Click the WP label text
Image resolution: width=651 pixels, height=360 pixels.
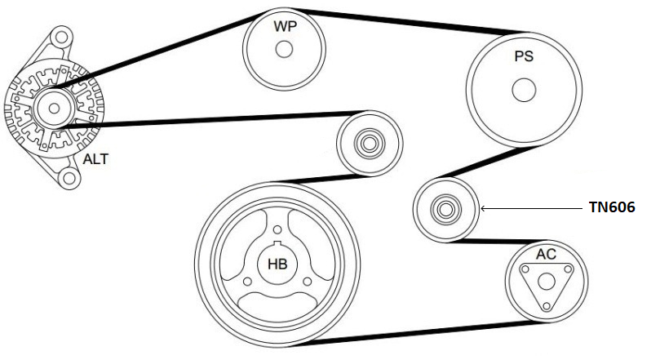click(286, 27)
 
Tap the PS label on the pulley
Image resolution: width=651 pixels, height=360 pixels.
click(524, 56)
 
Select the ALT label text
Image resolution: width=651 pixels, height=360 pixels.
click(95, 159)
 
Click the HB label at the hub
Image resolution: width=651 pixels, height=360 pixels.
click(277, 264)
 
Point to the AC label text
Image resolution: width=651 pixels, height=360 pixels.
click(546, 254)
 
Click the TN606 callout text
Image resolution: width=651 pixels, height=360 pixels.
click(612, 207)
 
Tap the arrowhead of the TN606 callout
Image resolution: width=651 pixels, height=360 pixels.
click(482, 208)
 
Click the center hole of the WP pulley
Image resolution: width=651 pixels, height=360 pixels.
click(284, 50)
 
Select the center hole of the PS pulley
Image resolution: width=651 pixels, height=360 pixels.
click(524, 90)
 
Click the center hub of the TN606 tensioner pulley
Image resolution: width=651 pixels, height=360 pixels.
click(445, 209)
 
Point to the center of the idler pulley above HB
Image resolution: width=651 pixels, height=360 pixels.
click(369, 144)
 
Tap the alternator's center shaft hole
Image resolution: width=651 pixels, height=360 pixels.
click(54, 109)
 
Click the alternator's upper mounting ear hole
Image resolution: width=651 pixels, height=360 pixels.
click(61, 38)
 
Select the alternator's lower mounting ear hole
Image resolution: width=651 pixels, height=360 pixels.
click(69, 178)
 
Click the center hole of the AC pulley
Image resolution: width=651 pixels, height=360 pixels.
click(547, 282)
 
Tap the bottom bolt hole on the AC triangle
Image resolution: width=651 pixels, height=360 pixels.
click(547, 306)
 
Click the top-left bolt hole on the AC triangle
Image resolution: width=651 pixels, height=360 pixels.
click(525, 269)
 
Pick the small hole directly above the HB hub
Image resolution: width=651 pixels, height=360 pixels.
click(277, 229)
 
